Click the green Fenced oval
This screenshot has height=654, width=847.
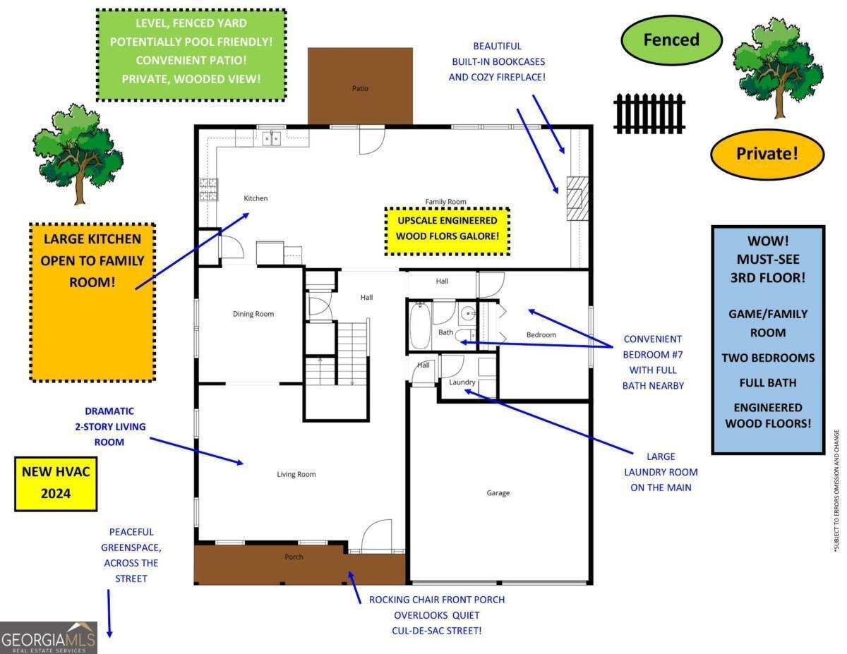pyautogui.click(x=671, y=40)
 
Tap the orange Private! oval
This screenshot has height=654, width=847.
pyautogui.click(x=767, y=154)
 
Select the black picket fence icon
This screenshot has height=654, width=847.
pyautogui.click(x=649, y=113)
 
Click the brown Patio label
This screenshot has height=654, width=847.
pyautogui.click(x=360, y=88)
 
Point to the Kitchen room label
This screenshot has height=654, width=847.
pyautogui.click(x=256, y=198)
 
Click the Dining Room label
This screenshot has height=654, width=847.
pyautogui.click(x=253, y=314)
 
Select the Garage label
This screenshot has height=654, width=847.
pyautogui.click(x=498, y=493)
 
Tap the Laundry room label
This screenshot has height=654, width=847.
pyautogui.click(x=463, y=382)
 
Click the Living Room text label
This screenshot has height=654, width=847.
pyautogui.click(x=296, y=474)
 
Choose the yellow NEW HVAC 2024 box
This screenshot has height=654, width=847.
pyautogui.click(x=56, y=483)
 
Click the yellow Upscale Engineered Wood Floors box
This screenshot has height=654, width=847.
pyautogui.click(x=446, y=231)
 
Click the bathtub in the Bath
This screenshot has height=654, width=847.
pyautogui.click(x=419, y=325)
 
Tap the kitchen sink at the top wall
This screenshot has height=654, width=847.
pyautogui.click(x=272, y=138)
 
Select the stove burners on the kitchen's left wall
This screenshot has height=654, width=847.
pyautogui.click(x=208, y=188)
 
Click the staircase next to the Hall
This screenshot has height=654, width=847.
pyautogui.click(x=352, y=353)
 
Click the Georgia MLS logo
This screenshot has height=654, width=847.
pyautogui.click(x=49, y=638)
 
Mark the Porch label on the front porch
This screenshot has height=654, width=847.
pyautogui.click(x=294, y=557)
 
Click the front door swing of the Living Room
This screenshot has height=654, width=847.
pyautogui.click(x=377, y=536)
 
